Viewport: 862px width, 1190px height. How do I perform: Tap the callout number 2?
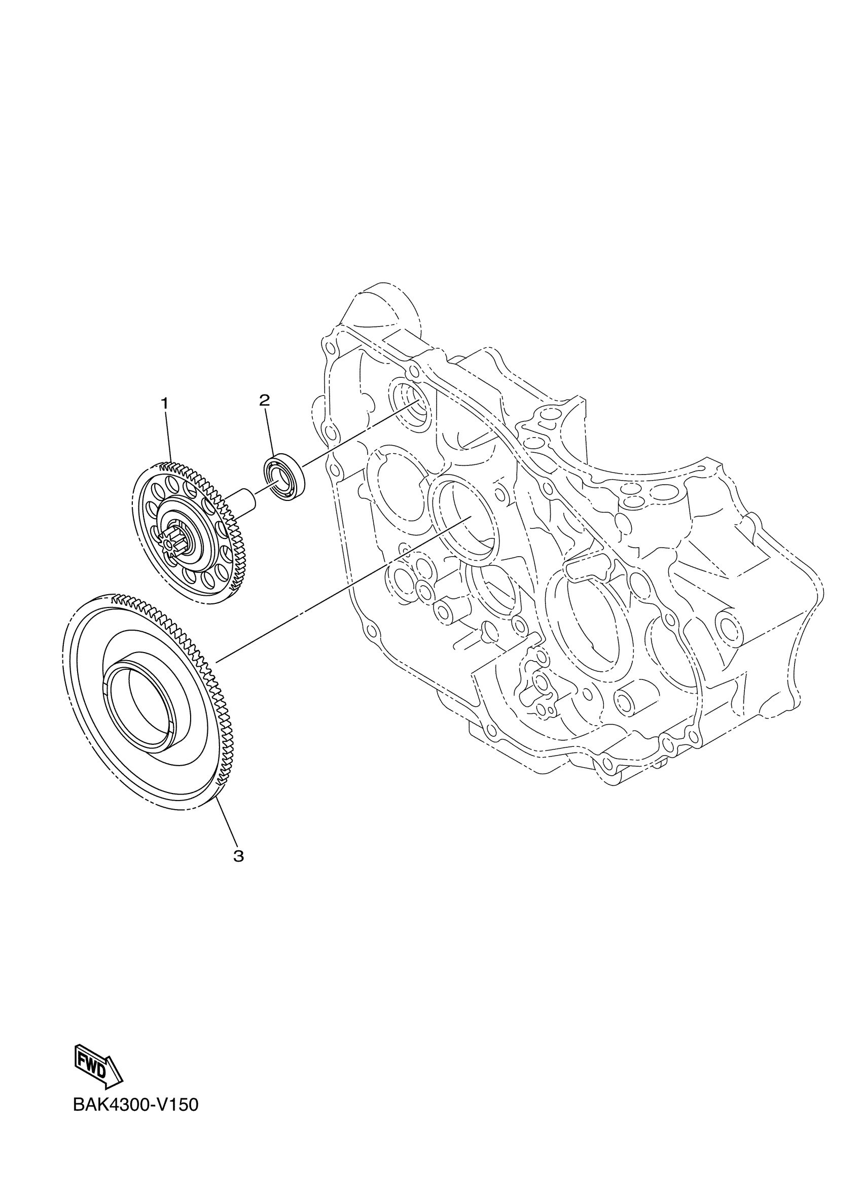pyautogui.click(x=264, y=401)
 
